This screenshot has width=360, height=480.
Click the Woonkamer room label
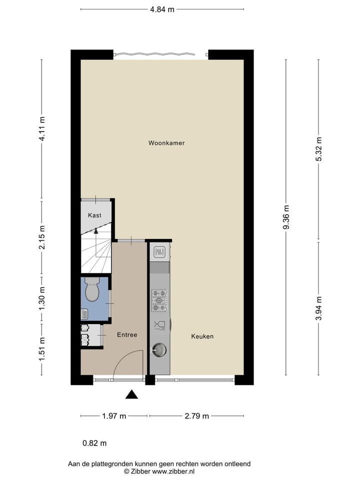point(166,143)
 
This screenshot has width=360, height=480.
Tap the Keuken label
point(202,336)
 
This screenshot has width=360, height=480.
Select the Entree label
point(127,335)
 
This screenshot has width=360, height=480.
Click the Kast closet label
point(94,215)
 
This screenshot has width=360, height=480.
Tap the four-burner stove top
point(159,299)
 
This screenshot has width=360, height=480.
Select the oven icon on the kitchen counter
point(159,252)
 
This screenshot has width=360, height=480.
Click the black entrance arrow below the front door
point(131,394)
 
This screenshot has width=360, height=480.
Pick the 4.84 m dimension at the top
point(162,9)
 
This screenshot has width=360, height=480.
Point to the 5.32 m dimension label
point(318,149)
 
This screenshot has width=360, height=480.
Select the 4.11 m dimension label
point(42,129)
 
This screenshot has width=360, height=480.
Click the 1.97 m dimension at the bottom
point(114,416)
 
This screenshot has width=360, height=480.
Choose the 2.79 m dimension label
point(196,416)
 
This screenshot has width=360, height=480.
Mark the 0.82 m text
point(94,443)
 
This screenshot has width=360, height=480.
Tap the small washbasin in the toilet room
point(84,314)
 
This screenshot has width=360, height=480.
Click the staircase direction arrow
point(96,230)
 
